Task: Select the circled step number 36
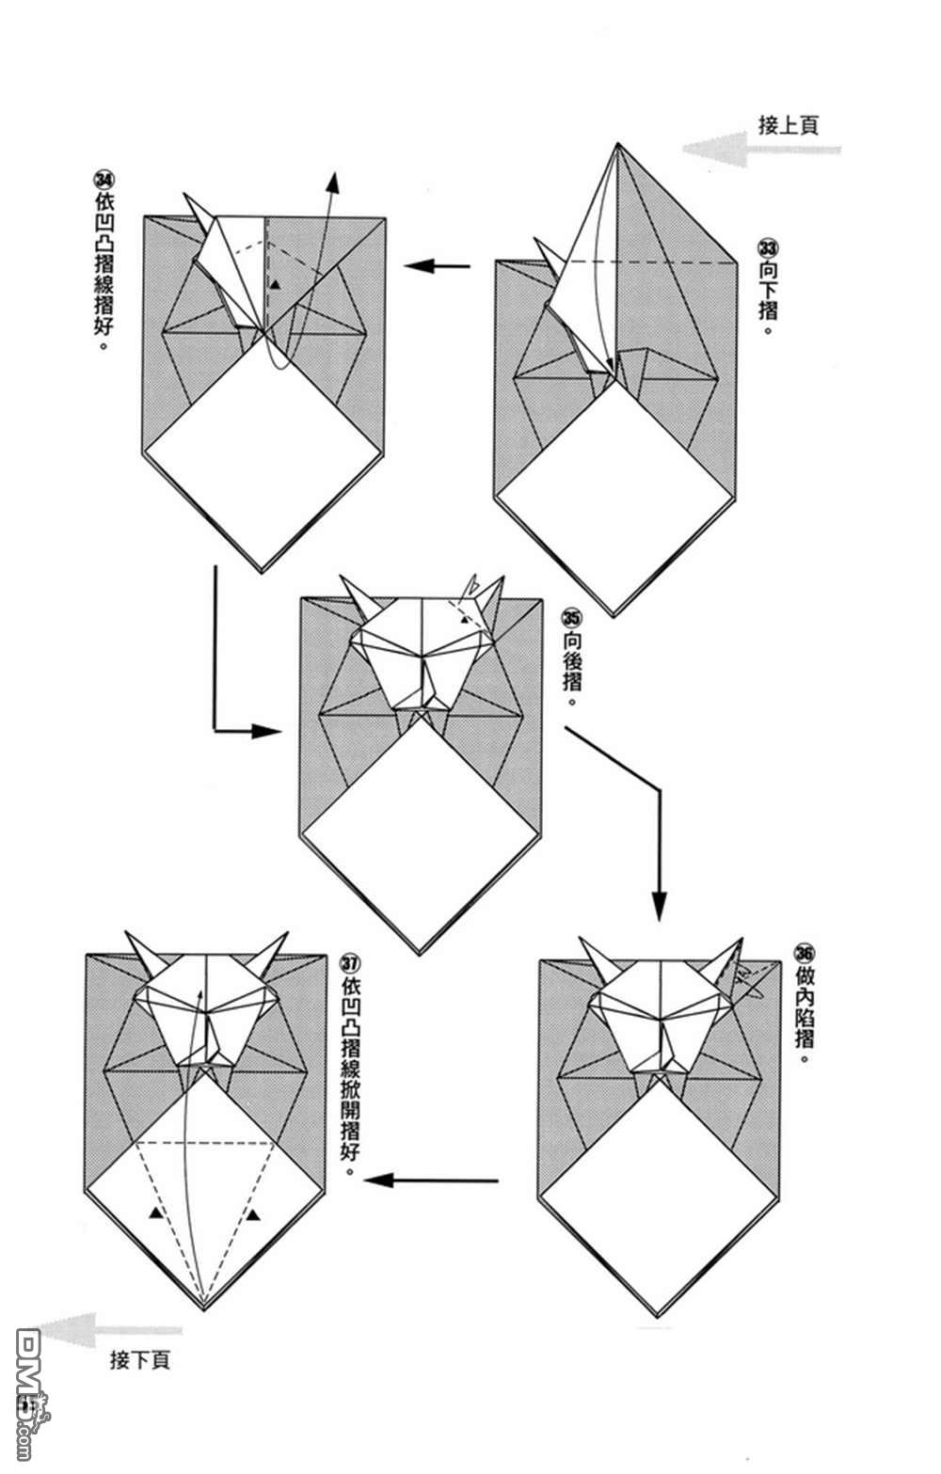pos(804,951)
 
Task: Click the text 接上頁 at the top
pos(788,125)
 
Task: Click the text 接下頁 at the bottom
pos(140,1360)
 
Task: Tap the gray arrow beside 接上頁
pos(758,149)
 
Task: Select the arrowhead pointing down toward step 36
pos(659,905)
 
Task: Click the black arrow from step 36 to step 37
pos(432,1180)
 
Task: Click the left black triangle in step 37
pos(154,1214)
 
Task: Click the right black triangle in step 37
pos(254,1215)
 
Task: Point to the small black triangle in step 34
pos(275,283)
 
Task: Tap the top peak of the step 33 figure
pos(617,146)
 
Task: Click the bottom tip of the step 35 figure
pos(422,951)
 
